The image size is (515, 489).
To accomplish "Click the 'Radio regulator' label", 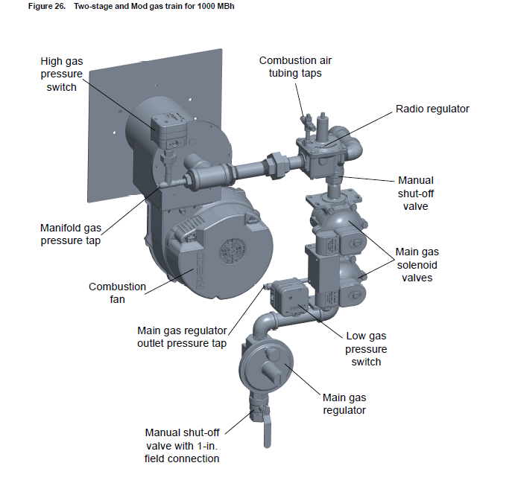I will (432, 109).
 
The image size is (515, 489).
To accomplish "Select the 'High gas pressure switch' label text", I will (61, 74).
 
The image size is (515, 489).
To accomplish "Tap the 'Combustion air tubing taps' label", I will (295, 66).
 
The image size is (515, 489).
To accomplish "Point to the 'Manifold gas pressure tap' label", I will (71, 234).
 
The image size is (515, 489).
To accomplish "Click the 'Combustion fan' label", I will (117, 293).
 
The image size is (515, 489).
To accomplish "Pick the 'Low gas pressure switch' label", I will (366, 348).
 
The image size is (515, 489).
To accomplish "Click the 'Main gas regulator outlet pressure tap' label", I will (182, 337).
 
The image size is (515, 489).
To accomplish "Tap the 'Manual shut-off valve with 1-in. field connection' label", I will (182, 445).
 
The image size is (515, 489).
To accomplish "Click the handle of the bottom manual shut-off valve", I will (267, 432).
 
